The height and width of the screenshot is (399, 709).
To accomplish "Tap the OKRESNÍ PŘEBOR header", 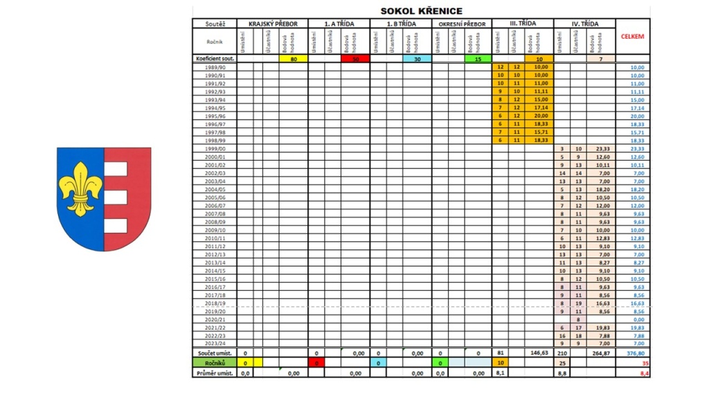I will click(x=462, y=24).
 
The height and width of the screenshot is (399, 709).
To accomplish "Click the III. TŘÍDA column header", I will click(x=523, y=24).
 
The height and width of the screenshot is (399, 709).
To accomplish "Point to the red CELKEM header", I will click(x=634, y=37).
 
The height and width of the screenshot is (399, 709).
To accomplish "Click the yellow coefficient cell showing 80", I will click(x=294, y=59).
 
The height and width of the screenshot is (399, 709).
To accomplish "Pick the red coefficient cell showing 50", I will click(x=356, y=59).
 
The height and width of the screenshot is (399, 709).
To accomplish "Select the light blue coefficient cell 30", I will click(x=418, y=59).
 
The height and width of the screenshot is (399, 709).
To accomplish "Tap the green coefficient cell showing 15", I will click(x=478, y=59).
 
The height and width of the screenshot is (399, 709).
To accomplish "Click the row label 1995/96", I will click(x=215, y=116).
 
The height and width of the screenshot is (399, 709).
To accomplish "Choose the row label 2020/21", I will click(x=215, y=319).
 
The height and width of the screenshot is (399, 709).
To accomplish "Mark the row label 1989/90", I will click(x=215, y=67).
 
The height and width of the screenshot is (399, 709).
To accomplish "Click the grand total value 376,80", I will click(x=634, y=353).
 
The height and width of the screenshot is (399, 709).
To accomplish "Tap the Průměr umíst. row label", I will click(x=215, y=373).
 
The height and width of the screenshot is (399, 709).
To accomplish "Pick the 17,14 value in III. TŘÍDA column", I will click(x=540, y=108).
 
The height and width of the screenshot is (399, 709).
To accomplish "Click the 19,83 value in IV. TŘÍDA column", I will click(x=601, y=328).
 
